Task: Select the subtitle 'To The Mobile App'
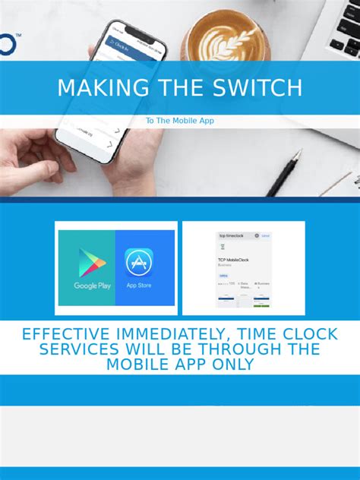(x=180, y=121)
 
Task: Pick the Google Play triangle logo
(x=92, y=263)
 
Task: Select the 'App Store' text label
(x=140, y=286)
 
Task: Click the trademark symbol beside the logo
(x=17, y=35)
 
